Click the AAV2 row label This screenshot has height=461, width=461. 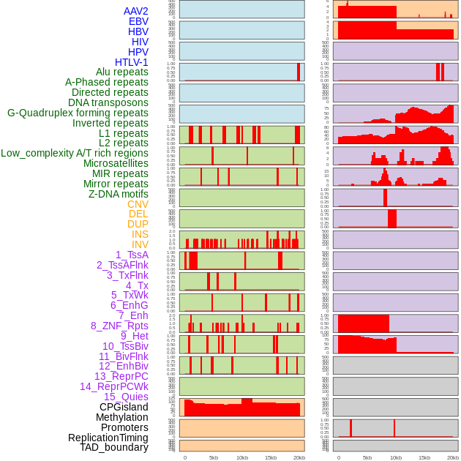pyautogui.click(x=135, y=11)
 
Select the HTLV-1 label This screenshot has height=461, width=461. pyautogui.click(x=131, y=62)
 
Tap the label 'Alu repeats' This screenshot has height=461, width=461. pyautogui.click(x=121, y=72)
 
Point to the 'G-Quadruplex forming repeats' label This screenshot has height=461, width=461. pyautogui.click(x=78, y=113)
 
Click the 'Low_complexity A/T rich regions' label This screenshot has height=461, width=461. pyautogui.click(x=75, y=153)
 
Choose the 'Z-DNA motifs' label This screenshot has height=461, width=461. pyautogui.click(x=118, y=194)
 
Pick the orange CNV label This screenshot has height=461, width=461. pyautogui.click(x=138, y=204)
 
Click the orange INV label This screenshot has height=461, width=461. pyautogui.click(x=140, y=244)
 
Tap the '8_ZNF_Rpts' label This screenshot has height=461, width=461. pyautogui.click(x=119, y=326)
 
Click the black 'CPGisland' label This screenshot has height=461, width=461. pyautogui.click(x=124, y=407)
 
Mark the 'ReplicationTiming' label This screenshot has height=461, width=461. pyautogui.click(x=108, y=438)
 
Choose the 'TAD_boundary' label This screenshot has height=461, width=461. pyautogui.click(x=114, y=447)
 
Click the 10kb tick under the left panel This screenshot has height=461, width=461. pyautogui.click(x=241, y=457)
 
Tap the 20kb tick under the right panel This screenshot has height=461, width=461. pyautogui.click(x=453, y=457)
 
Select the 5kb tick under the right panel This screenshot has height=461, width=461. pyautogui.click(x=367, y=457)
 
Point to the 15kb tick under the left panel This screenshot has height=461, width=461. pyautogui.click(x=270, y=457)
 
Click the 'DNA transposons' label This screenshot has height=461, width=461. pyautogui.click(x=108, y=102)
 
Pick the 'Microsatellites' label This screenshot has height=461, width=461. pyautogui.click(x=116, y=163)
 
